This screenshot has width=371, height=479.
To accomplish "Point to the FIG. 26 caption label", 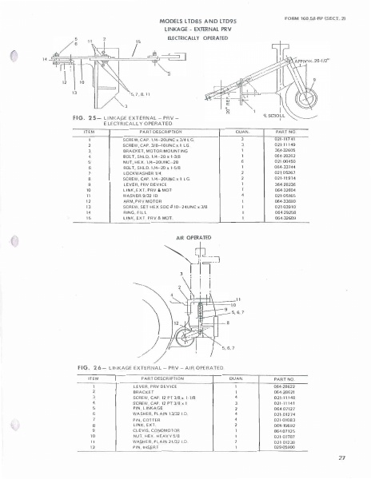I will (75, 366).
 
